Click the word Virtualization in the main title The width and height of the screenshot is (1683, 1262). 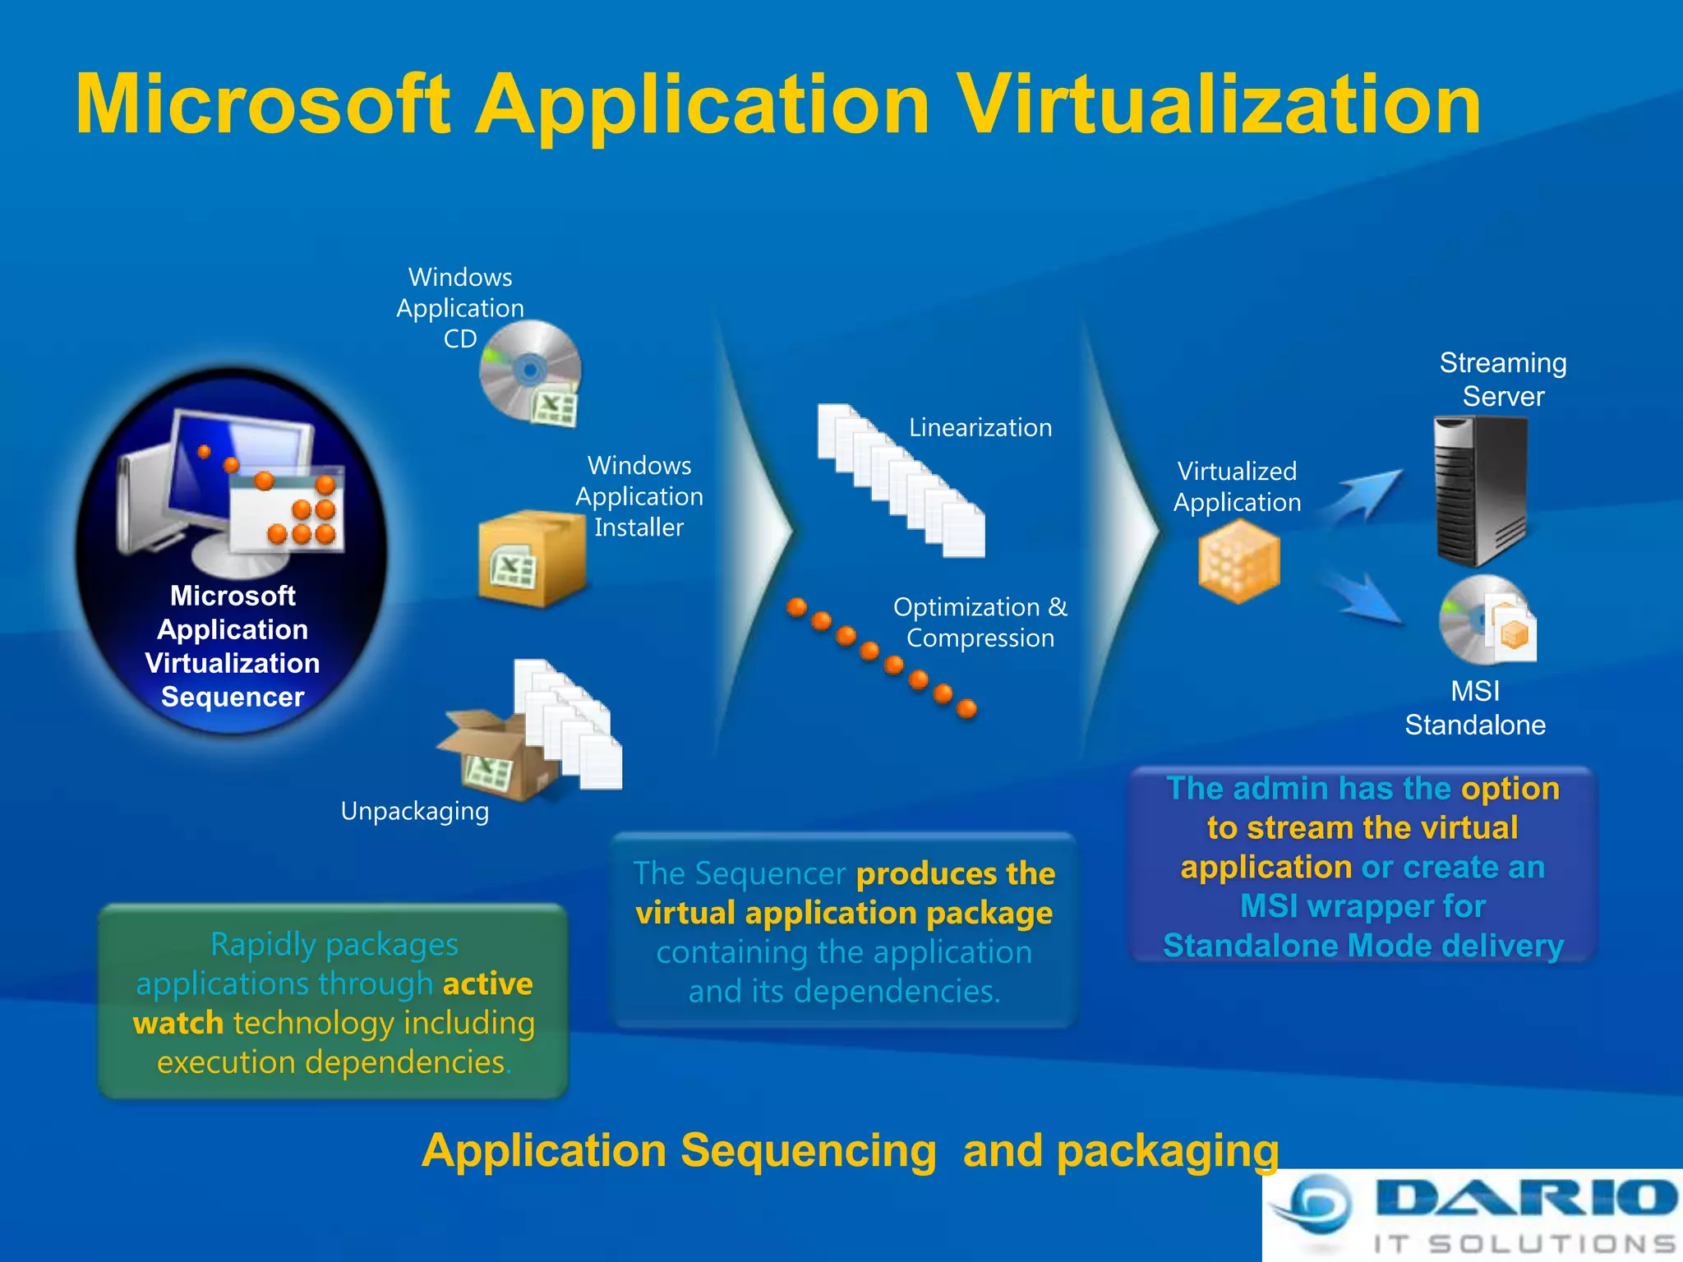1220,104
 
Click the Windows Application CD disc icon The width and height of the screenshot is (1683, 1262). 530,371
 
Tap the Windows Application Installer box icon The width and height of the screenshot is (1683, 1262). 530,558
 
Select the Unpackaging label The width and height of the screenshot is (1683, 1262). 414,811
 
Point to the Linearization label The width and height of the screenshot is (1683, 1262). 980,427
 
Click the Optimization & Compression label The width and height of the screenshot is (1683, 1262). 980,622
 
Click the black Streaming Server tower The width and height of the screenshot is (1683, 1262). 1480,491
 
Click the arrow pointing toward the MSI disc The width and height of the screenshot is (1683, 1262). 1364,598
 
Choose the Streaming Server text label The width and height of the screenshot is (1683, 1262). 1503,379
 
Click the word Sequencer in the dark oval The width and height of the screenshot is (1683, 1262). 233,697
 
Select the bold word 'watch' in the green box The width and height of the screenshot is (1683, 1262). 178,1023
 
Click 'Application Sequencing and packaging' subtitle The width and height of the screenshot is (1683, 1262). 850,1150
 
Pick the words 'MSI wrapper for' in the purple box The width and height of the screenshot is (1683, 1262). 1363,906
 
